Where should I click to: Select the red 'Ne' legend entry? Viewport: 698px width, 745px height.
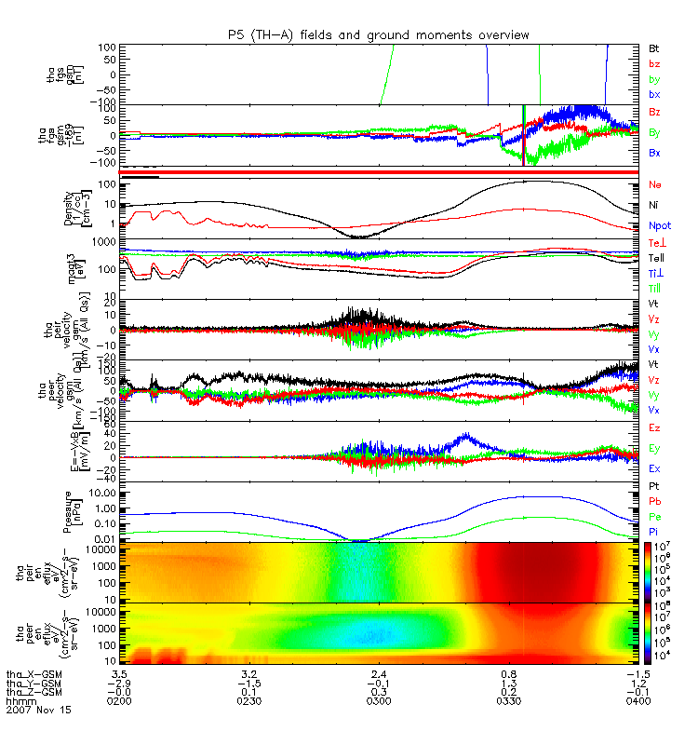654,184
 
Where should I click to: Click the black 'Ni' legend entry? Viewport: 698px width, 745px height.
653,205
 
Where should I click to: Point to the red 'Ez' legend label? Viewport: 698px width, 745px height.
654,427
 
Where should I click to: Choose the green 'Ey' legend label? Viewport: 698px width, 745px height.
654,448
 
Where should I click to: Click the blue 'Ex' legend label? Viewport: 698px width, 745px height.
654,468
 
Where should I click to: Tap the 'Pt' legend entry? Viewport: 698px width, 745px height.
653,487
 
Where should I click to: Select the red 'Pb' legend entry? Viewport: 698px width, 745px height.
654,500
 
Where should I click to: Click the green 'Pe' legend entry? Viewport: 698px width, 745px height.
654,515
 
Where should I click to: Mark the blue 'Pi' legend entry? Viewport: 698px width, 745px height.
653,529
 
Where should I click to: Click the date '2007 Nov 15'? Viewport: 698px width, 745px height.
37,710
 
